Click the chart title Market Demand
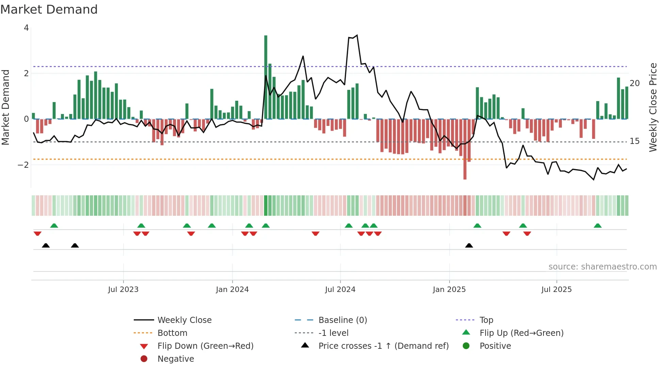(49, 10)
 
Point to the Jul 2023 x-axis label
(123, 290)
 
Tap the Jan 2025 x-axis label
(449, 290)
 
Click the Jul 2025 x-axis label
(556, 290)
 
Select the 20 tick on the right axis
(634, 83)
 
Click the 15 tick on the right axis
(634, 141)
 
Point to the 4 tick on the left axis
(26, 28)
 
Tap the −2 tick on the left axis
(23, 165)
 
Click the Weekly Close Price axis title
(653, 107)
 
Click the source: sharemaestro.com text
(602, 267)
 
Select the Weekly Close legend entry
(184, 320)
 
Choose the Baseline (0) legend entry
(342, 320)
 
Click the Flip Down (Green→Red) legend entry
(205, 346)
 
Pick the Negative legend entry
(176, 359)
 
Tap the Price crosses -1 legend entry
(383, 346)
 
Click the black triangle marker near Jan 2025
(469, 245)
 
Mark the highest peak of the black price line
(357, 35)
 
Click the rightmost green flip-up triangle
(598, 226)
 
